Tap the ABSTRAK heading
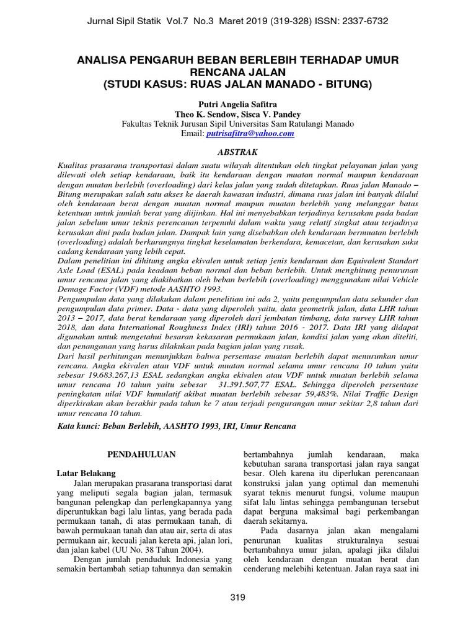(x=237, y=152)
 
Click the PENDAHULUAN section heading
(x=142, y=454)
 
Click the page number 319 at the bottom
(x=237, y=597)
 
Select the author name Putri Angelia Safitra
(x=237, y=103)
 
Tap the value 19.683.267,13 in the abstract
(x=112, y=376)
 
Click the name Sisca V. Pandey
(x=273, y=113)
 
